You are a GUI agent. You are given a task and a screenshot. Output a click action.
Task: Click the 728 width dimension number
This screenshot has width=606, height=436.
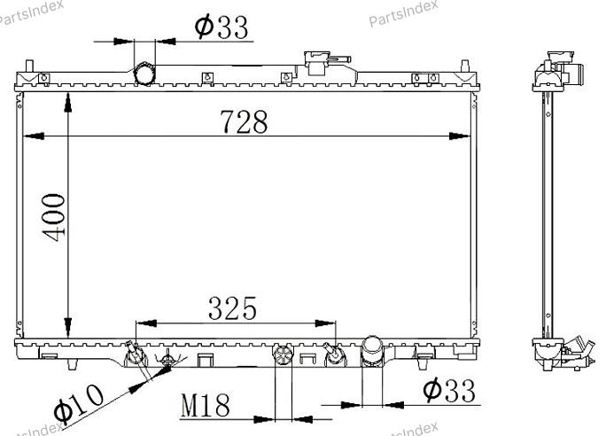[x=244, y=121]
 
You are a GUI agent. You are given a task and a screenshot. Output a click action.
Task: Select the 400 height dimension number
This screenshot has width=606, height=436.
[x=54, y=218]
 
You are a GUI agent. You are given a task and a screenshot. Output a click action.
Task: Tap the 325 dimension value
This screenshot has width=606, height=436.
[x=232, y=308]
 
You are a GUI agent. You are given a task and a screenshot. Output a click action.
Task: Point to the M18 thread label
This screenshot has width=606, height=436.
[x=206, y=406]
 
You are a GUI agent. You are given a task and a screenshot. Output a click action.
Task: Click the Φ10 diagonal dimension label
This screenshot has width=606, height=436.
[x=79, y=402]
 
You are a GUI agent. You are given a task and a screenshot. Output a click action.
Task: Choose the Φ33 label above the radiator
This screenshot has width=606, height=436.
[x=221, y=27]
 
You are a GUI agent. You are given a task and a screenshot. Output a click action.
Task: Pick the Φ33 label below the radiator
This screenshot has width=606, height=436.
[x=449, y=391]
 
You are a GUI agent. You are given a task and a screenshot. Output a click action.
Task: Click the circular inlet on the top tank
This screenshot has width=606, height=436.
[x=144, y=74]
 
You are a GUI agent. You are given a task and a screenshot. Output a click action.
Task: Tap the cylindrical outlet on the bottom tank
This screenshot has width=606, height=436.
[x=372, y=350]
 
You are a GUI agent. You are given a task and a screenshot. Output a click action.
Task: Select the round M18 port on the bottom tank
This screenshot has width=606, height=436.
[x=283, y=354]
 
